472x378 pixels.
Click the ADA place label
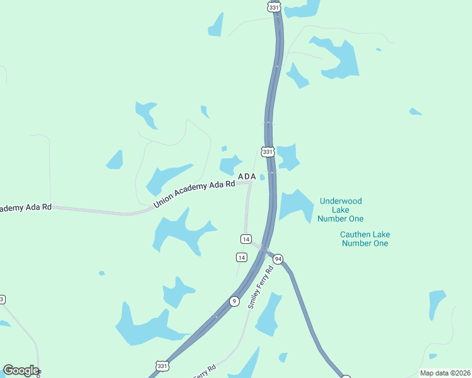(247, 176)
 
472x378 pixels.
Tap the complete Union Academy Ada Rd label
(194, 192)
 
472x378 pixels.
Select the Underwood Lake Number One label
(341, 210)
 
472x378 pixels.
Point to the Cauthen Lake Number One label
(364, 239)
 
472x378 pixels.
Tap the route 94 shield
(278, 259)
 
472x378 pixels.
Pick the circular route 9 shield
(234, 301)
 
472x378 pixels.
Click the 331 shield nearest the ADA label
(268, 152)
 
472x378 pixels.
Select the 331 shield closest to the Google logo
(163, 366)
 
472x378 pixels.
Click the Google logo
(21, 370)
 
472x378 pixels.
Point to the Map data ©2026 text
(444, 373)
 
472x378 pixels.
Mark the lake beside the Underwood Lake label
(295, 205)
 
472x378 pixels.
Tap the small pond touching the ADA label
(262, 177)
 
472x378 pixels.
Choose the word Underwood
(341, 202)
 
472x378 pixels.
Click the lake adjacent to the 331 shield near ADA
(288, 156)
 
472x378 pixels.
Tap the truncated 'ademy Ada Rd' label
(26, 207)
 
